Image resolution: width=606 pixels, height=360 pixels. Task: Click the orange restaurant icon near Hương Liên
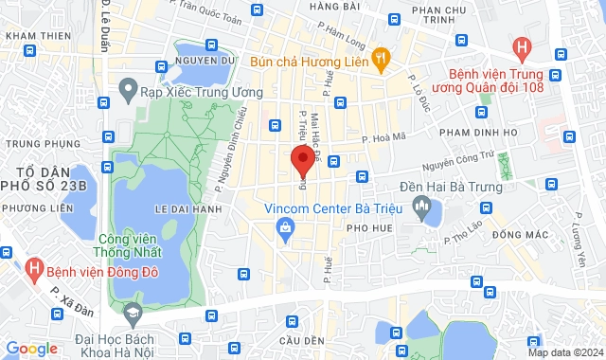[x=379, y=59]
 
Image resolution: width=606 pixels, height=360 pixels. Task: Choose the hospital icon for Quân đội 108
[x=520, y=46]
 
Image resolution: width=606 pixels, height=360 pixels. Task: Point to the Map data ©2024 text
[x=564, y=352]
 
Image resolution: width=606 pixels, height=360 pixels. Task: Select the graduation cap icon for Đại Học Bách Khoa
[x=132, y=311]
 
